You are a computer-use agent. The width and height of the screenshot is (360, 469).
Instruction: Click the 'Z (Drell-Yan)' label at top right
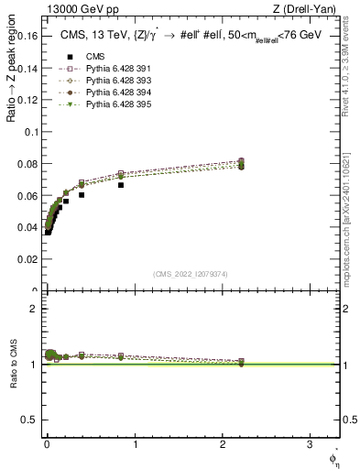coord(308,9)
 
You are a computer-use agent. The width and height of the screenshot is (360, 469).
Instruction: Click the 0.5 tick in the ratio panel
coord(31,420)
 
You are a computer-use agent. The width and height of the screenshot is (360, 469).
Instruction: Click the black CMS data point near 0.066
coord(121,185)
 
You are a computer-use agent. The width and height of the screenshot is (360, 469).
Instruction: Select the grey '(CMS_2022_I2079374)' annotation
coord(191,274)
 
